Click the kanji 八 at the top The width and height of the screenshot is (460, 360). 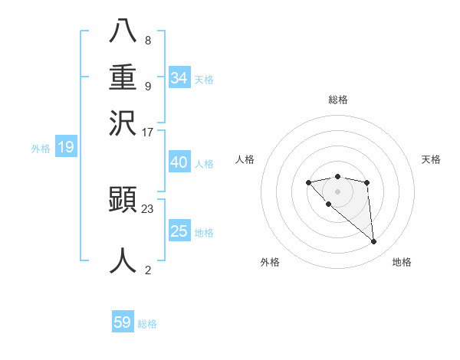pyautogui.click(x=123, y=31)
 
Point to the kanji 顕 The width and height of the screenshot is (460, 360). pyautogui.click(x=123, y=199)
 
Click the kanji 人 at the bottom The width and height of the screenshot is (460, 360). pyautogui.click(x=123, y=260)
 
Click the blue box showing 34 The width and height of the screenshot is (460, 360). pyautogui.click(x=179, y=77)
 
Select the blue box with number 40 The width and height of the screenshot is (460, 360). pyautogui.click(x=179, y=162)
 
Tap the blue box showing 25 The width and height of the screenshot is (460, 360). pyautogui.click(x=179, y=231)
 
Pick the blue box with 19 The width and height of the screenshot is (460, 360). pyautogui.click(x=66, y=147)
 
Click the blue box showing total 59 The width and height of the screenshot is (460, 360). pyautogui.click(x=123, y=322)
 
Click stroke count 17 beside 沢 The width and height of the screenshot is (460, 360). pyautogui.click(x=148, y=132)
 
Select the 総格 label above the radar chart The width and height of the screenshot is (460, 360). pyautogui.click(x=337, y=100)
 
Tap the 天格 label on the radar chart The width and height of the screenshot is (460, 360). pyautogui.click(x=431, y=159)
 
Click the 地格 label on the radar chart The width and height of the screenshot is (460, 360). pyautogui.click(x=402, y=263)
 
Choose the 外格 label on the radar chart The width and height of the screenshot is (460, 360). pyautogui.click(x=270, y=263)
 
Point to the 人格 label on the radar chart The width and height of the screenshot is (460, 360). pyautogui.click(x=245, y=159)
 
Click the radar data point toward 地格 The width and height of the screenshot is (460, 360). pyautogui.click(x=374, y=242)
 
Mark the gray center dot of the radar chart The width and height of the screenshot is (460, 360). pyautogui.click(x=337, y=191)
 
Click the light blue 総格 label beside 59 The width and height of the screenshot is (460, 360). pyautogui.click(x=147, y=324)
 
